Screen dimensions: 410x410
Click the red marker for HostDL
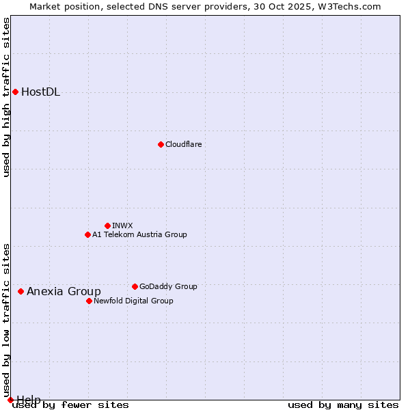(x=15, y=92)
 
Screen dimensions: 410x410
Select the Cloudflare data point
(x=161, y=144)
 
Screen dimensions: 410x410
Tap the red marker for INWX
(x=107, y=225)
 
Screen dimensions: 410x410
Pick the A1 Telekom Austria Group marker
(x=87, y=234)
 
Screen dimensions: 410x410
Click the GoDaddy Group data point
(x=135, y=286)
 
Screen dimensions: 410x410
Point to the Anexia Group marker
(x=20, y=291)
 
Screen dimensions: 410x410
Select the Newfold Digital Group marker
(x=89, y=301)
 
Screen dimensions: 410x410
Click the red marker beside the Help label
(x=10, y=400)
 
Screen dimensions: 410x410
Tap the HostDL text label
(x=40, y=92)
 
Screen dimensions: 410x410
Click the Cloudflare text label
(x=183, y=144)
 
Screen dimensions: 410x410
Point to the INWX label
(x=122, y=225)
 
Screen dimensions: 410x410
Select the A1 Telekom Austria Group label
(x=139, y=234)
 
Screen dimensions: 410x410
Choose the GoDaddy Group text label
(x=168, y=286)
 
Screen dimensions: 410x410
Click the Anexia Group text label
(x=64, y=292)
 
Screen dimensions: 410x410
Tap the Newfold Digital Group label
(x=133, y=301)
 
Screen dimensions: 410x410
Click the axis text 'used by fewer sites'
(x=70, y=405)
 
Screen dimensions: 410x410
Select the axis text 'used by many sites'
(x=343, y=405)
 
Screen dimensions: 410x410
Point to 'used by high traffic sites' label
(x=7, y=97)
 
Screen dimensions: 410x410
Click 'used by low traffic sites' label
(x=7, y=315)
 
